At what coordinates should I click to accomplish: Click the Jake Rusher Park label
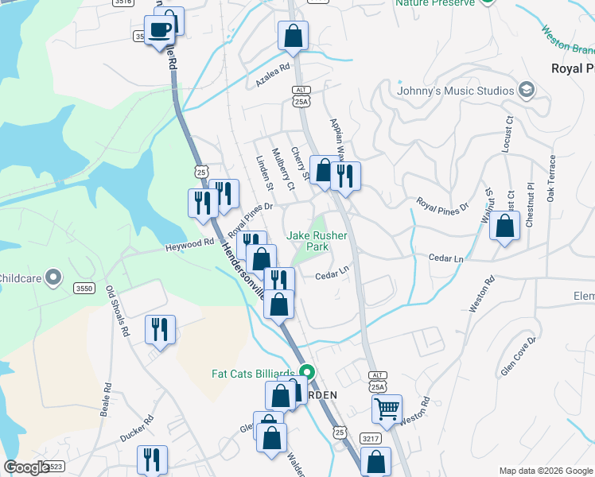tap(307, 241)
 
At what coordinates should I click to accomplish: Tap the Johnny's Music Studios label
tap(456, 91)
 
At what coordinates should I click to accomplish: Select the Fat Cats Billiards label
tap(253, 373)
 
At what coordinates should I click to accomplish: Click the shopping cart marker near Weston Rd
tap(387, 409)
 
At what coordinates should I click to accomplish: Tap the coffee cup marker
tap(161, 30)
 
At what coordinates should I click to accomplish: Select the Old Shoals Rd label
tap(118, 311)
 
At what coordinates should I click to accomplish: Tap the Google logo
tap(25, 467)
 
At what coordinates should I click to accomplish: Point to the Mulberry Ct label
tap(282, 169)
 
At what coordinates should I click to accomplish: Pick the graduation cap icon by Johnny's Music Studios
tap(526, 90)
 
